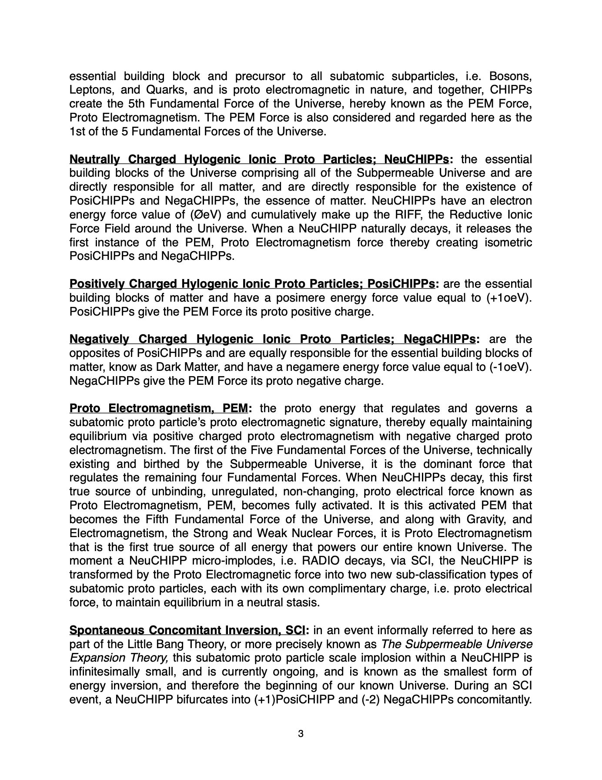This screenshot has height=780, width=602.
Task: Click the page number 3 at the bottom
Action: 301,734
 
